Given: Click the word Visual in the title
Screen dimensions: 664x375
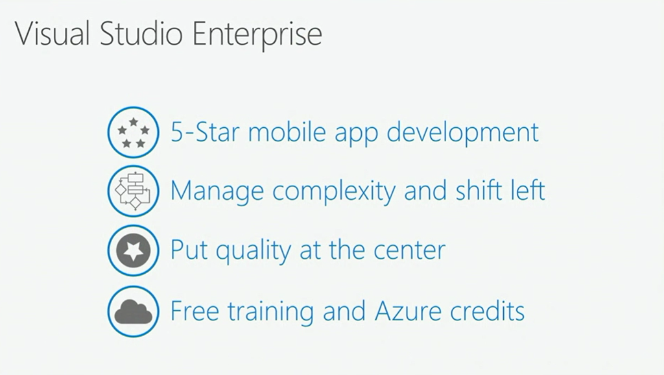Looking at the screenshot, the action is [x=53, y=33].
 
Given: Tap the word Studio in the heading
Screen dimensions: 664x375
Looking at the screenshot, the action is [x=141, y=33].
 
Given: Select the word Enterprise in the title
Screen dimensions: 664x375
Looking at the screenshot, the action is [x=257, y=35].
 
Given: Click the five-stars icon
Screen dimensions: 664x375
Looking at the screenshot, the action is [x=134, y=132].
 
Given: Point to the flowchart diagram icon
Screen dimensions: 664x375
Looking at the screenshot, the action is [x=134, y=191].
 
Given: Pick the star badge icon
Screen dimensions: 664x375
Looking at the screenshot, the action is [x=134, y=250].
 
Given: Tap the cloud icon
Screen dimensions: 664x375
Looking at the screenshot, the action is [x=134, y=311].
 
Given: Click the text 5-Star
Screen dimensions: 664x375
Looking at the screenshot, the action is [x=206, y=132].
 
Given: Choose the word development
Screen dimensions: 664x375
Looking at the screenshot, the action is [x=462, y=133].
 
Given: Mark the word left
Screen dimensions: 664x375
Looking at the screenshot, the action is [x=527, y=190].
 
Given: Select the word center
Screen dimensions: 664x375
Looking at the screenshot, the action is [x=410, y=251].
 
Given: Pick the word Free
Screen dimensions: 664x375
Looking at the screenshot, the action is [x=195, y=311].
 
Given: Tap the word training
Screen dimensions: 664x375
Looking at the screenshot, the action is [x=271, y=313].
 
